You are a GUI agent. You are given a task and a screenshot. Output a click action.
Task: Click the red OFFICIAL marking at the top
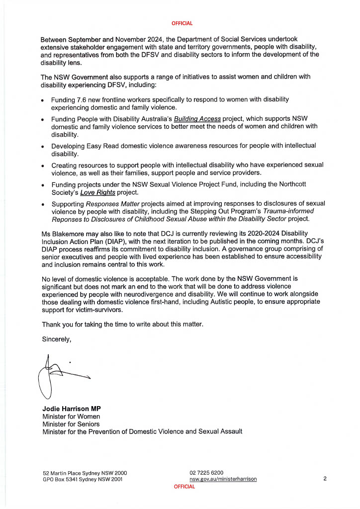pos(182,23)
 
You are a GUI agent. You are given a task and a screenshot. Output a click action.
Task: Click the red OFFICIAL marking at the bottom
pos(184,487)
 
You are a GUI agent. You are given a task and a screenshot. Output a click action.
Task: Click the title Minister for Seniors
pos(71,424)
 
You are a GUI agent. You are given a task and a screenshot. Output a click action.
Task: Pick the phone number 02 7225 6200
pos(206,472)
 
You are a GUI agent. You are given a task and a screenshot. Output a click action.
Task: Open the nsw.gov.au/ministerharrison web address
pos(223,479)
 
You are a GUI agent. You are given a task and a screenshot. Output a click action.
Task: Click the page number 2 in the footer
pos(324,479)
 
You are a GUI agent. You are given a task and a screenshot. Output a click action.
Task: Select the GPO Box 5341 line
pos(83,479)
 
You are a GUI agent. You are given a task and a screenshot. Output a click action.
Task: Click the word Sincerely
pos(57,339)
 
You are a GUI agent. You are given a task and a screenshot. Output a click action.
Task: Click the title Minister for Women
pos(71,417)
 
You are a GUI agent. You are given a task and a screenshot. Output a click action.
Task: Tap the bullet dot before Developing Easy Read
pos(43,146)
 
